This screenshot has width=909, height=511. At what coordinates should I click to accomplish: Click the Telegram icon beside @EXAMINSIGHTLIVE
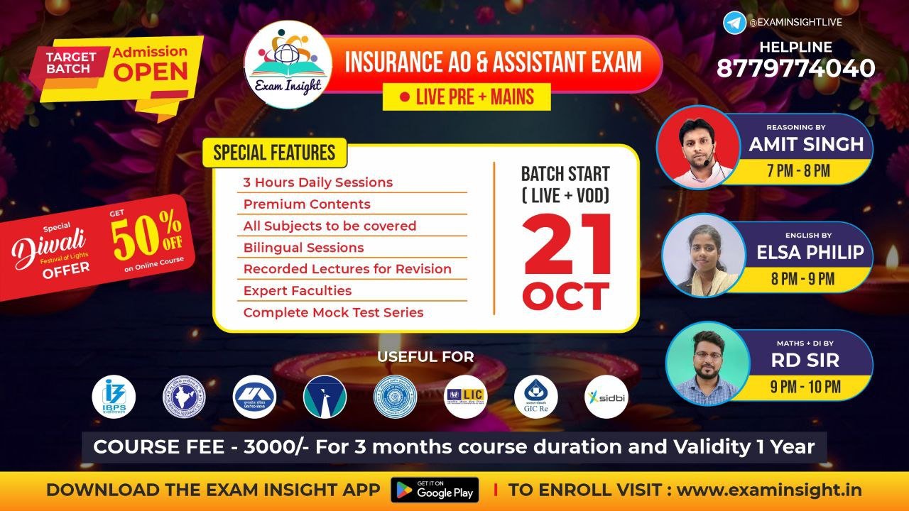tap(734, 22)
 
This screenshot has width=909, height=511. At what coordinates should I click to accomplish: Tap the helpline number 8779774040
tap(795, 68)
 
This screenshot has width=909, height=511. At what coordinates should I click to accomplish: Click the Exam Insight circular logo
tap(288, 64)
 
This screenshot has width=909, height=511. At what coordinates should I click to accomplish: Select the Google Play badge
tap(435, 490)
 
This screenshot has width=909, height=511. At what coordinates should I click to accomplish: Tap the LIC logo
tap(465, 396)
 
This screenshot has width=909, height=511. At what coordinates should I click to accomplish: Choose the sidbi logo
tap(606, 397)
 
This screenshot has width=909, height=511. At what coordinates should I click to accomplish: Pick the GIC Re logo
tap(535, 397)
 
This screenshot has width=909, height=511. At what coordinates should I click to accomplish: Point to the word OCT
tap(566, 296)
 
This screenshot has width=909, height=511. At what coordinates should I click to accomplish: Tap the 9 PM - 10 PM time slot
tap(805, 388)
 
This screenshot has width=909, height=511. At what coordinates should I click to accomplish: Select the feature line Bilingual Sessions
tap(303, 248)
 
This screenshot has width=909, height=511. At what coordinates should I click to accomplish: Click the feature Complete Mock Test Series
tap(333, 312)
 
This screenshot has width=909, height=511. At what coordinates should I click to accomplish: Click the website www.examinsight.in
tap(769, 490)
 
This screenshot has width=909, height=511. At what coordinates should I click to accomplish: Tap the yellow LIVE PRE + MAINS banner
tap(467, 97)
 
